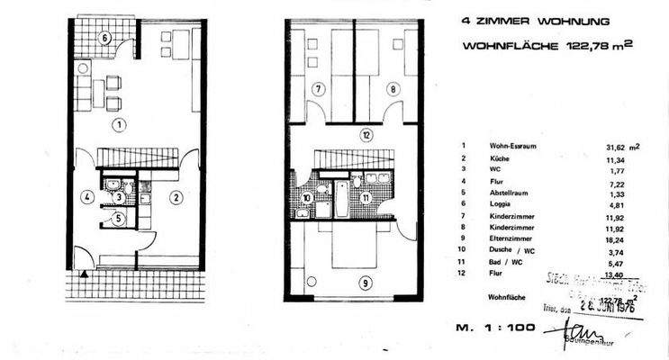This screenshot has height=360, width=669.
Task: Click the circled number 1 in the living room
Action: [118, 125]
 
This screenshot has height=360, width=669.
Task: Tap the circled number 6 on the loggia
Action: [105, 38]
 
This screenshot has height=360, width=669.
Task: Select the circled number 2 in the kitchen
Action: [176, 196]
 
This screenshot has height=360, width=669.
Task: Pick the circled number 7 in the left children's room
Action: [318, 88]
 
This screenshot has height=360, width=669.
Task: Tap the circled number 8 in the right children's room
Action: [393, 88]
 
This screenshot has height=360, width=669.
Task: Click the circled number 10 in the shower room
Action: [307, 198]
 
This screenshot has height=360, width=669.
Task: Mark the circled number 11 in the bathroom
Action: [366, 197]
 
